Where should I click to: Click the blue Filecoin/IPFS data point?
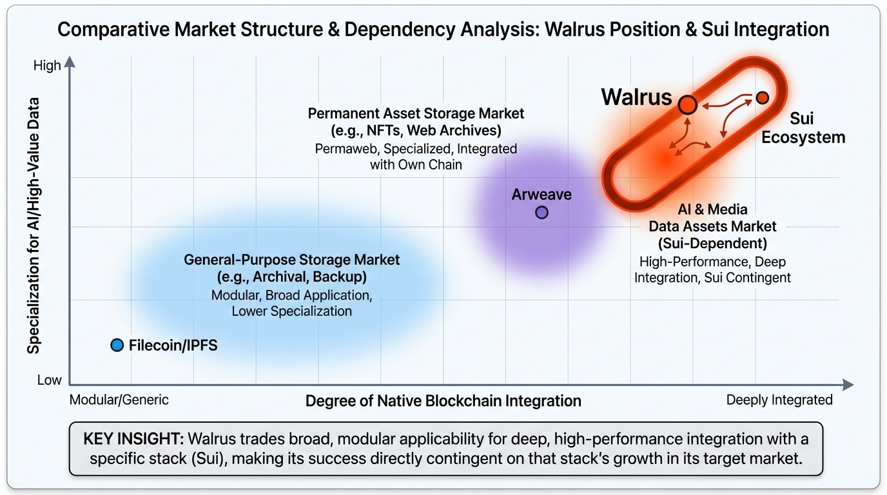point(117,345)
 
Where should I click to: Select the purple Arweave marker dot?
point(541,212)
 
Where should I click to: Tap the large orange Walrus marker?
point(688,104)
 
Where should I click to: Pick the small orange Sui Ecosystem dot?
point(763,97)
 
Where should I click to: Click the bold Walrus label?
point(636,97)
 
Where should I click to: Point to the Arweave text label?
point(541,194)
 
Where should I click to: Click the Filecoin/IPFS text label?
point(173,345)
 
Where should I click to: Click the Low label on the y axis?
point(49,380)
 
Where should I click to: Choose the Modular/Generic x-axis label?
point(119,400)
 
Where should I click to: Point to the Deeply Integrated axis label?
point(779,400)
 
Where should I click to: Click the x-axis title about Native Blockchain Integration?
point(443,401)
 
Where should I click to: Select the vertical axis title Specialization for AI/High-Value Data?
point(34,226)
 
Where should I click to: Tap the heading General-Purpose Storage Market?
point(291,260)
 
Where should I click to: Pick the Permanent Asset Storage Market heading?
point(416,113)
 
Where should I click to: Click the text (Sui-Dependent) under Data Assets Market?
point(712,244)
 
